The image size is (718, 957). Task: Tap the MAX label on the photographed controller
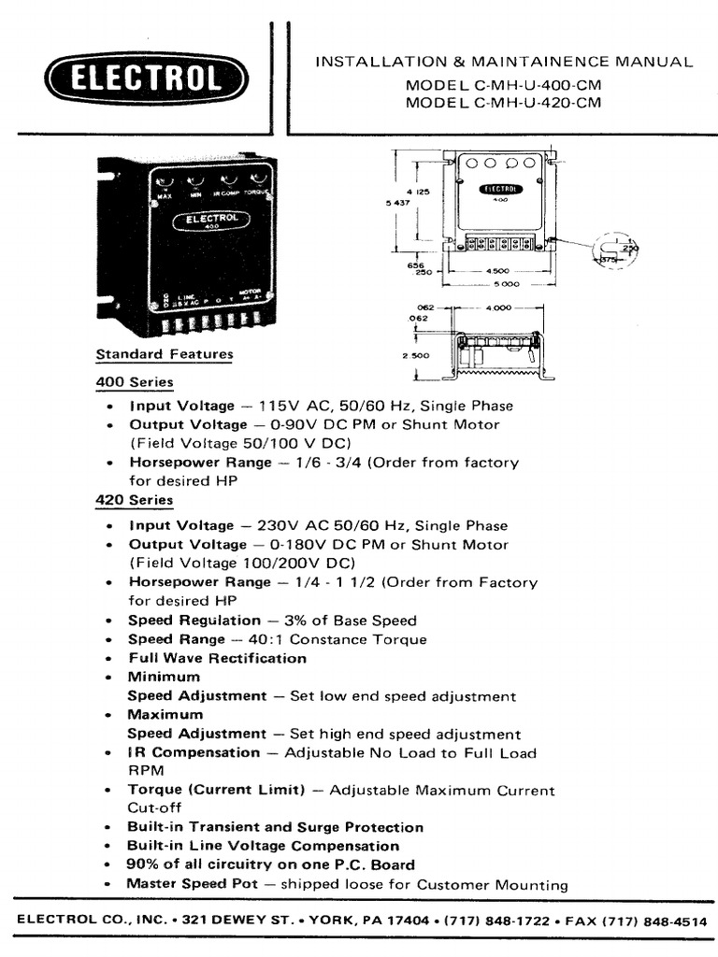point(165,195)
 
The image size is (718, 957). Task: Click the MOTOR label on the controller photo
point(249,292)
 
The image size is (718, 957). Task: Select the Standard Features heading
point(165,354)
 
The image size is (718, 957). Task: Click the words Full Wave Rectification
point(217,658)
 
